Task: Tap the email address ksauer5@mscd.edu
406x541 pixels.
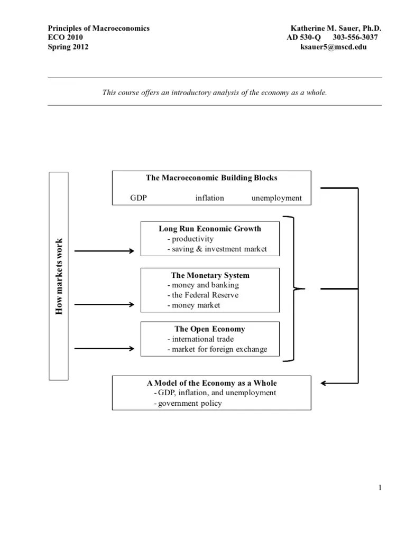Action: point(333,47)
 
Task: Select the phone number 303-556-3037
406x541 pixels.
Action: point(355,38)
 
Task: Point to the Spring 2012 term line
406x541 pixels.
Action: point(68,47)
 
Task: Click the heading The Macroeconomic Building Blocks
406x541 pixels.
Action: point(211,178)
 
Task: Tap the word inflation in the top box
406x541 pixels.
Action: point(209,198)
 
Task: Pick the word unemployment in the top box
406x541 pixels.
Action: point(276,198)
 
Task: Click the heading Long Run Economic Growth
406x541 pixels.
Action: point(210,229)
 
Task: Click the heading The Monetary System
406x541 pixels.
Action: point(210,275)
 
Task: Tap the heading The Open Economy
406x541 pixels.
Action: point(210,329)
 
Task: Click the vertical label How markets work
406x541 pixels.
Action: point(59,276)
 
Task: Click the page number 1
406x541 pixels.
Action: point(380,488)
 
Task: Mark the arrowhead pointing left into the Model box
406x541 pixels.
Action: point(325,383)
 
